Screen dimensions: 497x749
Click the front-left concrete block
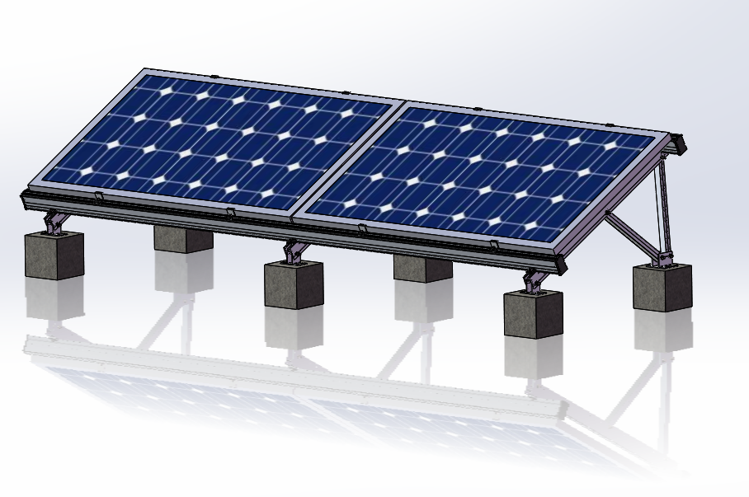(x=54, y=255)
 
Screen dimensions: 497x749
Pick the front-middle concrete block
(x=293, y=285)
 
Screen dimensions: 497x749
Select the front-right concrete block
(x=533, y=314)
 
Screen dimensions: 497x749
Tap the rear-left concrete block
(x=182, y=238)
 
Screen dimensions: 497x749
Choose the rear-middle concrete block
(x=422, y=268)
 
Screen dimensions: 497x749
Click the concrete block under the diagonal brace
(x=662, y=287)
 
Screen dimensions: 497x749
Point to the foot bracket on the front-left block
(x=55, y=222)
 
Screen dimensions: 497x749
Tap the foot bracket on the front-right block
(x=534, y=282)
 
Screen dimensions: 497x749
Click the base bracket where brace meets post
(x=663, y=260)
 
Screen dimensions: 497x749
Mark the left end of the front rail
(x=25, y=198)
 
